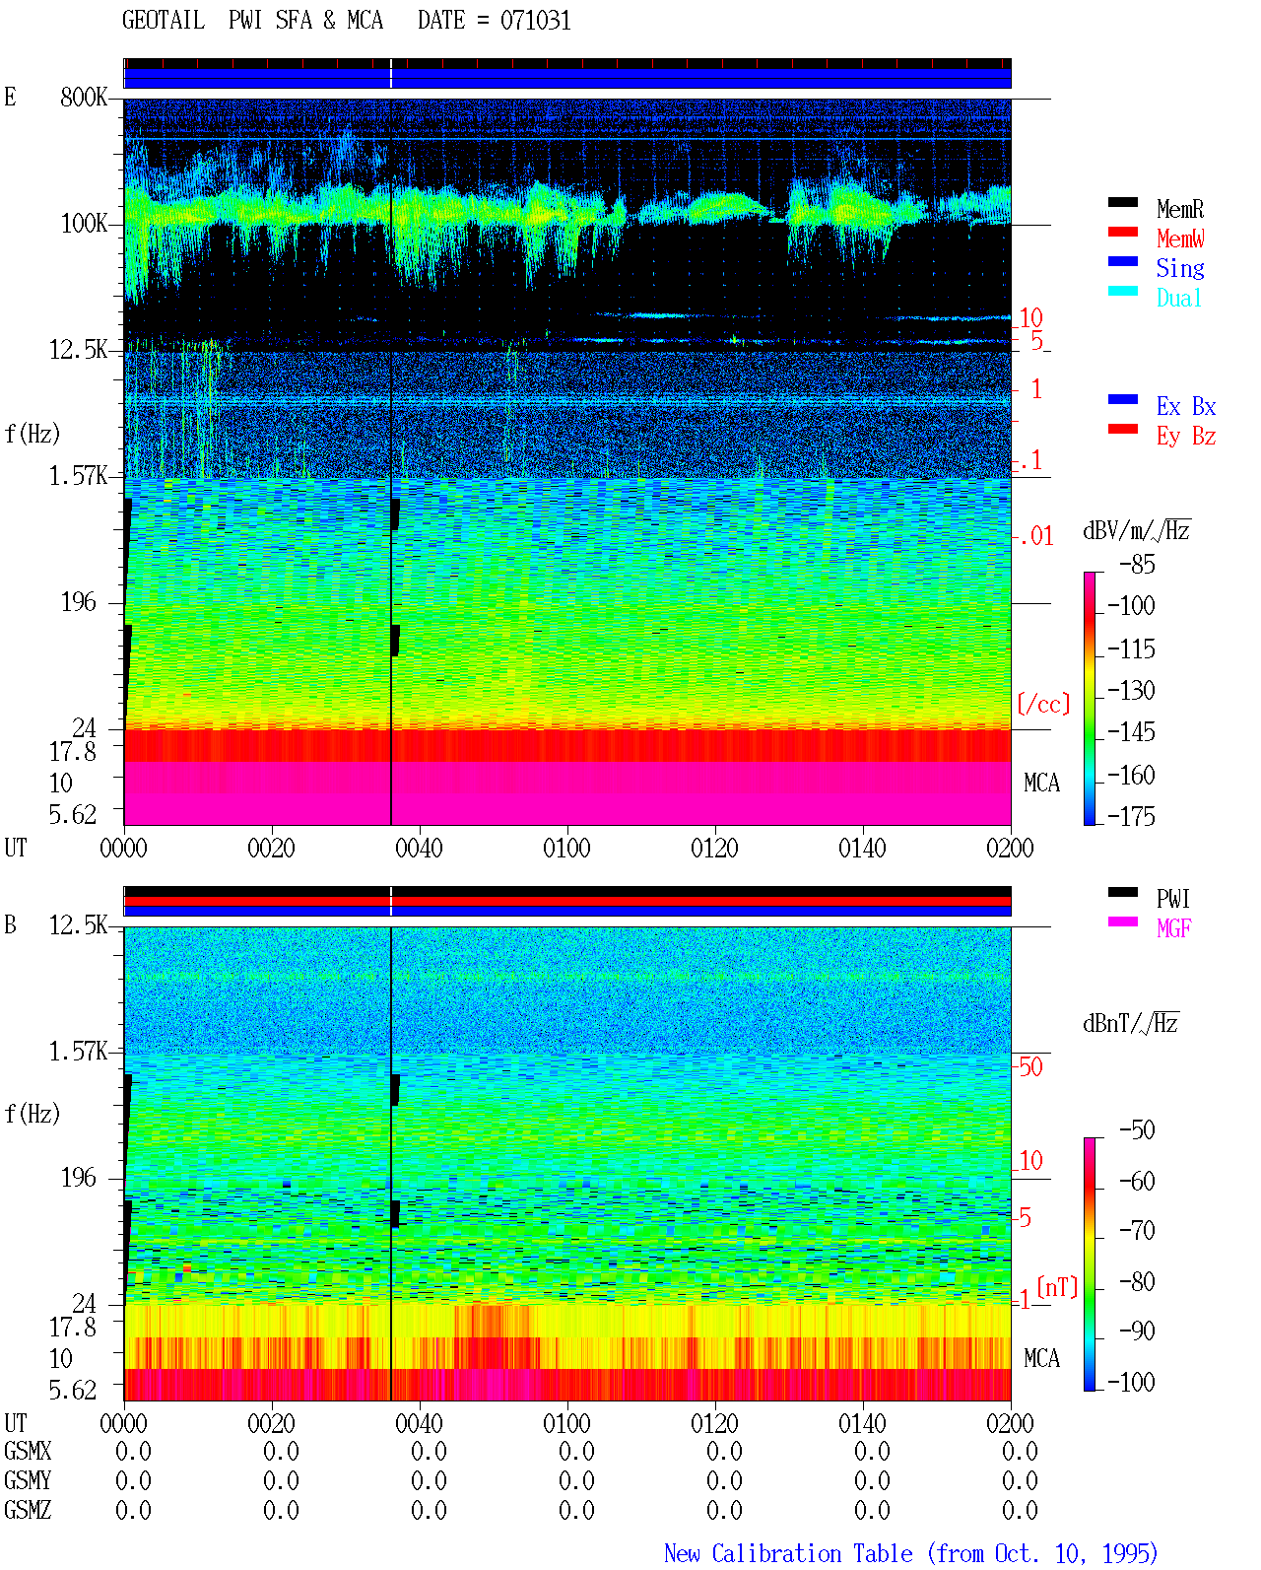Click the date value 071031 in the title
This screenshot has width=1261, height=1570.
(535, 21)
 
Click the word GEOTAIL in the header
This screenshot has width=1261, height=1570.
(164, 21)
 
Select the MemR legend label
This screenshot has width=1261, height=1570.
(1180, 209)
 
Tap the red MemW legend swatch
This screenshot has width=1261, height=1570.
(1122, 232)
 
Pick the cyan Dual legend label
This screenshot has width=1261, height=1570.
(1179, 298)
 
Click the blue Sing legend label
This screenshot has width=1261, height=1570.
(1180, 268)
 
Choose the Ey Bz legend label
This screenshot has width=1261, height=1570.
(1186, 437)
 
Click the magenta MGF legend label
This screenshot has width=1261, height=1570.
(1173, 928)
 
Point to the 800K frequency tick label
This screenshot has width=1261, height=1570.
(83, 97)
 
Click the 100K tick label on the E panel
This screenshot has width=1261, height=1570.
(83, 224)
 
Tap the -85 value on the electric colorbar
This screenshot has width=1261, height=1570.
(1137, 565)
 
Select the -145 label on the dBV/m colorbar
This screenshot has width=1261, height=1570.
(1131, 731)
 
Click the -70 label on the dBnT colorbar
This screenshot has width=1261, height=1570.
(1137, 1231)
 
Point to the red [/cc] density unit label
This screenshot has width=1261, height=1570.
(1043, 704)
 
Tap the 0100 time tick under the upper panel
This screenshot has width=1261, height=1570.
(566, 849)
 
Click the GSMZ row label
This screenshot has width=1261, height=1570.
(28, 1510)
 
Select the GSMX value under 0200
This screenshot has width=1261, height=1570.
(1019, 1451)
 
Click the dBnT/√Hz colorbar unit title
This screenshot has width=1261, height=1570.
(1131, 1023)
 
